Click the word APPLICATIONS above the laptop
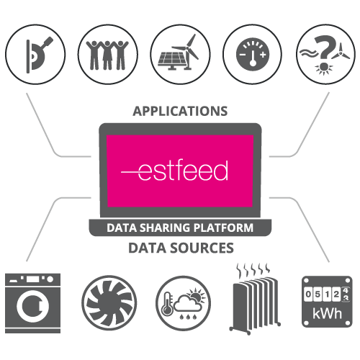180,111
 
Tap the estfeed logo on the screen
174,170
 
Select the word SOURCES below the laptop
202,248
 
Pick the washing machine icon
32,303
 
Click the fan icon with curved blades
109,303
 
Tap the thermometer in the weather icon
167,304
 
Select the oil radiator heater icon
255,299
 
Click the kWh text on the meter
327,313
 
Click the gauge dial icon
253,54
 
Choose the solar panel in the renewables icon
171,60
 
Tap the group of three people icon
107,55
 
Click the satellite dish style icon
38,55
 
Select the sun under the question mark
324,68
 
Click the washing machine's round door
33,306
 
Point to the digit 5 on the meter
318,294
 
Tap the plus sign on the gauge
263,55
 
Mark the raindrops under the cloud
188,317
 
